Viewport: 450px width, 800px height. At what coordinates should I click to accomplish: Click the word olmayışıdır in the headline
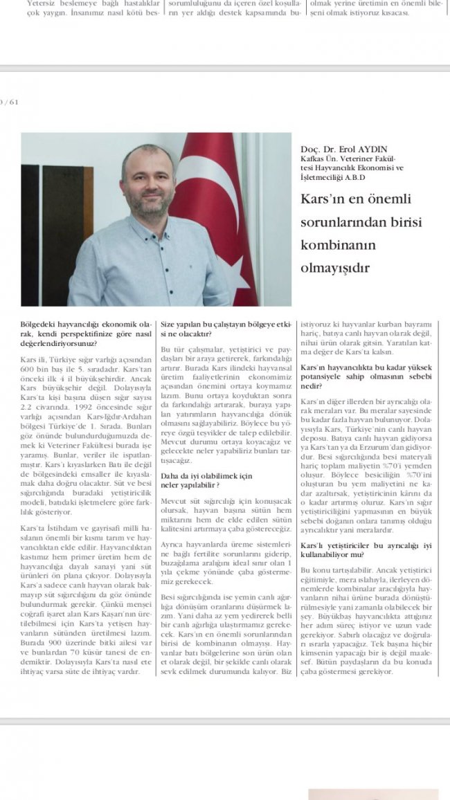335,268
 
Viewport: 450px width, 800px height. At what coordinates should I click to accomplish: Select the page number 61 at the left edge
13,102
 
